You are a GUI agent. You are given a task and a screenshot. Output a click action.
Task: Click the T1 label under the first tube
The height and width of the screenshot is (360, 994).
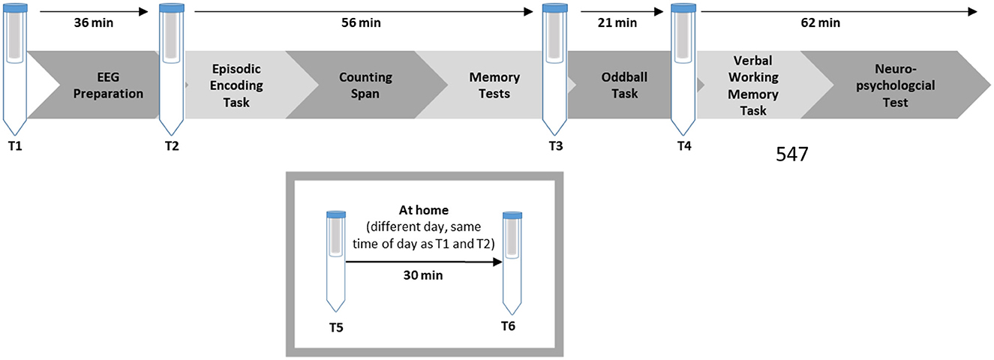[x=15, y=146]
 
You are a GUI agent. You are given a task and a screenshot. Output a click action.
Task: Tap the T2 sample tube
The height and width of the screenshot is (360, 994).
[x=172, y=67]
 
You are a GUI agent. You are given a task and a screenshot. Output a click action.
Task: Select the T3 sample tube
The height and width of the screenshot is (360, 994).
[x=555, y=67]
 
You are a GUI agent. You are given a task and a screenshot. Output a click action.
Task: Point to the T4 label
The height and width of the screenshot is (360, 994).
[x=683, y=146]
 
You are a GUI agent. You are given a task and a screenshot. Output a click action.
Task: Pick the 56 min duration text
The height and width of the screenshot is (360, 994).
[x=361, y=22]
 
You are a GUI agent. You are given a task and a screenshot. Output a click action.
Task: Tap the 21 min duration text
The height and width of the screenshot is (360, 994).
[x=617, y=22]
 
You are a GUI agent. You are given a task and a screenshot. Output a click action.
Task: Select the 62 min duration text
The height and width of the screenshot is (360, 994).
[x=820, y=22]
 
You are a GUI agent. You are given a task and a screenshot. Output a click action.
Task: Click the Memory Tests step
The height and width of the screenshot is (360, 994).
[x=489, y=85]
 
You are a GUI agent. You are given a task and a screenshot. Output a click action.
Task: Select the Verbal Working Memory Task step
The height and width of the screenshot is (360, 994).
[x=752, y=85]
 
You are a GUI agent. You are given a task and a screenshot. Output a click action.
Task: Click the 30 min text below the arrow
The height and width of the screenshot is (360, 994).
[x=423, y=275]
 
